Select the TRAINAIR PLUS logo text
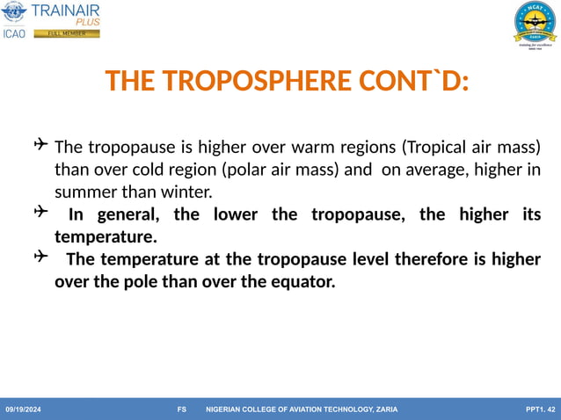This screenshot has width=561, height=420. [65, 14]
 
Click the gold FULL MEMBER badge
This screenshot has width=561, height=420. [67, 34]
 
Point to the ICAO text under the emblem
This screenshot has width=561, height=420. [15, 34]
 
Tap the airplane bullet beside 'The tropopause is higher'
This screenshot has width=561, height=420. [41, 144]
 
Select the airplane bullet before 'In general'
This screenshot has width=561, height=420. [40, 213]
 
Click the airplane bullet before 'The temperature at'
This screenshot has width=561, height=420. [40, 257]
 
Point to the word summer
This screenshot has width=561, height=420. [85, 192]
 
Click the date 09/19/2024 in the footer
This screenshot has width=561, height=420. [24, 409]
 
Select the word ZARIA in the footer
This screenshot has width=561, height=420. [386, 409]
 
